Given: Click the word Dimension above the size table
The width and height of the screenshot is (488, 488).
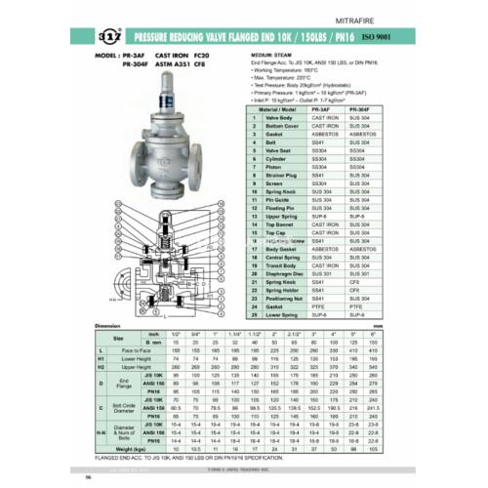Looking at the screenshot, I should pos(106,326).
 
